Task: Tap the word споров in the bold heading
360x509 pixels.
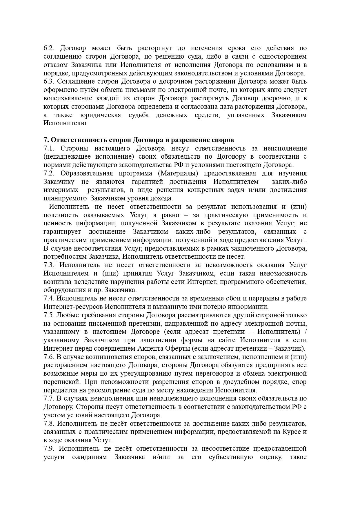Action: click(223, 140)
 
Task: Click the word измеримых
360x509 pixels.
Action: click(61, 190)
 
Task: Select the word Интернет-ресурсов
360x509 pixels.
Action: click(73, 307)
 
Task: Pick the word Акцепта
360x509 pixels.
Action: click(154, 348)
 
